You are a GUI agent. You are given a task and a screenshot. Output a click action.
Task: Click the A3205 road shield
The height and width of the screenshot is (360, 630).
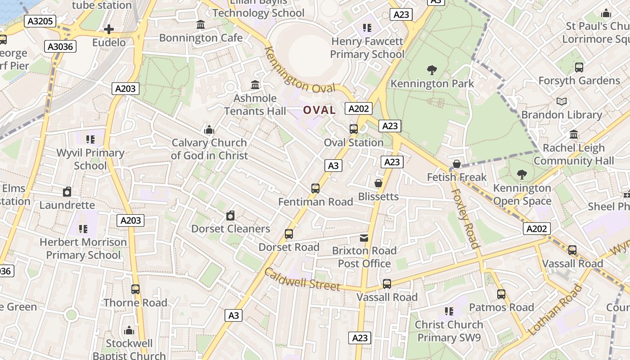point(40,21)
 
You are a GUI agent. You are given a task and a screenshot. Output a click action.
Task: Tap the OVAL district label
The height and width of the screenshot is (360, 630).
point(319,110)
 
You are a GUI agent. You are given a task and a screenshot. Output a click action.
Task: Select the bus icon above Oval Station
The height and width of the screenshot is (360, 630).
point(354,129)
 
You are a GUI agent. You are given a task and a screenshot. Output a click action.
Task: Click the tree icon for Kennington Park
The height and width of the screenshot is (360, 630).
point(432,70)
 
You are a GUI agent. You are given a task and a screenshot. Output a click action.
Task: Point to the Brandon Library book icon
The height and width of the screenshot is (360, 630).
point(561,102)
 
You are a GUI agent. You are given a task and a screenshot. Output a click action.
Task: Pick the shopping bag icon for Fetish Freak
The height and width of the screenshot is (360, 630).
point(457,164)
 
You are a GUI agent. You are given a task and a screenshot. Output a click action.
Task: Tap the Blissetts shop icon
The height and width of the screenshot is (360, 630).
point(378,183)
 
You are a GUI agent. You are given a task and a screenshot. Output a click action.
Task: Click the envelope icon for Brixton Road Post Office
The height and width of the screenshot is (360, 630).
point(364,238)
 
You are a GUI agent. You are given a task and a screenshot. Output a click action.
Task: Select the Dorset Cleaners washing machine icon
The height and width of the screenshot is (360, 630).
point(230,216)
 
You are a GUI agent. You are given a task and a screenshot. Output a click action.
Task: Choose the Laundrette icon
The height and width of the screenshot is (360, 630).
point(67,192)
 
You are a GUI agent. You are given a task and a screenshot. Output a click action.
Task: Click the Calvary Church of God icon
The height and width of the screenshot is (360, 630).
point(209,130)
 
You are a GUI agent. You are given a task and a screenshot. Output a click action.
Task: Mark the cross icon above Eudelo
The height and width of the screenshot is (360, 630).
point(108,30)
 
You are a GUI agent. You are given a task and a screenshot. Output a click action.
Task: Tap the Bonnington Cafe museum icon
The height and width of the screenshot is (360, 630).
point(201,24)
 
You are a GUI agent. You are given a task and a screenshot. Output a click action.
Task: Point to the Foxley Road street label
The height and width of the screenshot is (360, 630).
point(465,218)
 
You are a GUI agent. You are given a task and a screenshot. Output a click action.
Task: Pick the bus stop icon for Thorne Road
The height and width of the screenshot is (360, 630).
point(135,289)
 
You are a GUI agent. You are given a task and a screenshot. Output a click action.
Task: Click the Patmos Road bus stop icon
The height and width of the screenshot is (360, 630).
point(501,294)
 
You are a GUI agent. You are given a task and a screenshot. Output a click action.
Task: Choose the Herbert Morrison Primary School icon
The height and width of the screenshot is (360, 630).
point(83,229)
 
